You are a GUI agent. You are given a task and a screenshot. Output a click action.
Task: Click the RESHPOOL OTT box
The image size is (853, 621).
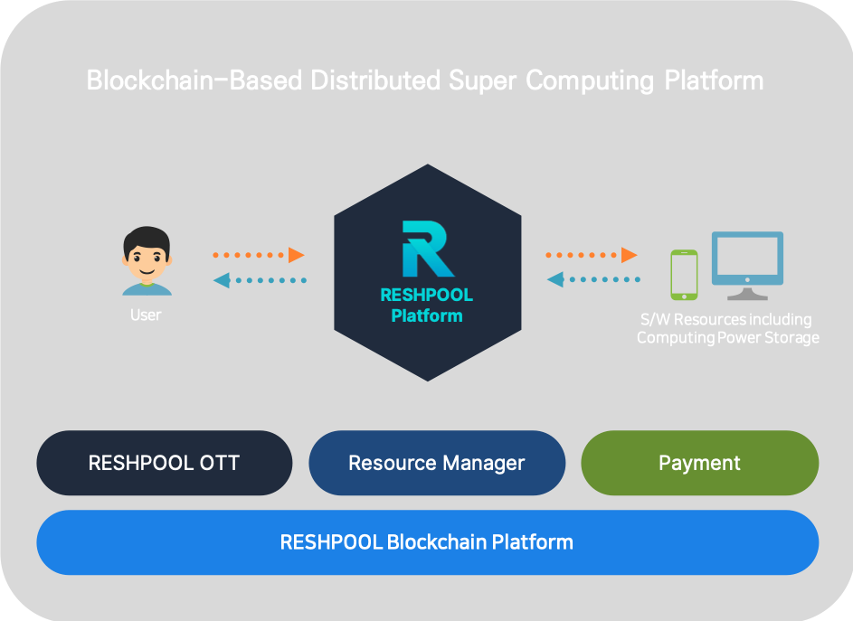coord(164,463)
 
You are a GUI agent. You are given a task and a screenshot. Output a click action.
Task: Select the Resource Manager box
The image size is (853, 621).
coord(437,463)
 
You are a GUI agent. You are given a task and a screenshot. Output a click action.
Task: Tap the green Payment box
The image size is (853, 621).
coord(699,463)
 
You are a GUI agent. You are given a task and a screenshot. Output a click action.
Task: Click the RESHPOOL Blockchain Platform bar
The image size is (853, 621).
coord(427,542)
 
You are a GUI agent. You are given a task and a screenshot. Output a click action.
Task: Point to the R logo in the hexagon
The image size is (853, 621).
coord(427,248)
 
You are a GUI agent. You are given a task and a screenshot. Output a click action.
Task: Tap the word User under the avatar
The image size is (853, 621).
coord(146,315)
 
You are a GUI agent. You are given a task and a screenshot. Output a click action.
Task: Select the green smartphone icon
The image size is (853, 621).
coord(684,275)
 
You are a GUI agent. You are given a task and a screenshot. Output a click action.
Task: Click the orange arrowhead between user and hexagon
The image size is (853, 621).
coord(297,255)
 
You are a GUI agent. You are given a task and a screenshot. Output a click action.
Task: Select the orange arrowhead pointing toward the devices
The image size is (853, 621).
coord(630,255)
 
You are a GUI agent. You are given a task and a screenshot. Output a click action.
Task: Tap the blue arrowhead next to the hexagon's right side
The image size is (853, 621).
coord(555,280)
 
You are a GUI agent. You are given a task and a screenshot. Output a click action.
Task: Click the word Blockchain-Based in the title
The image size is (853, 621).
coord(194,80)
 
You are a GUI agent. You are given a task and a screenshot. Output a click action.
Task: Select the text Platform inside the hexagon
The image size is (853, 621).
coord(427,316)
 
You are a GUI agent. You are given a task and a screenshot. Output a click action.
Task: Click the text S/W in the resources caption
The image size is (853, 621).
coord(654,319)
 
